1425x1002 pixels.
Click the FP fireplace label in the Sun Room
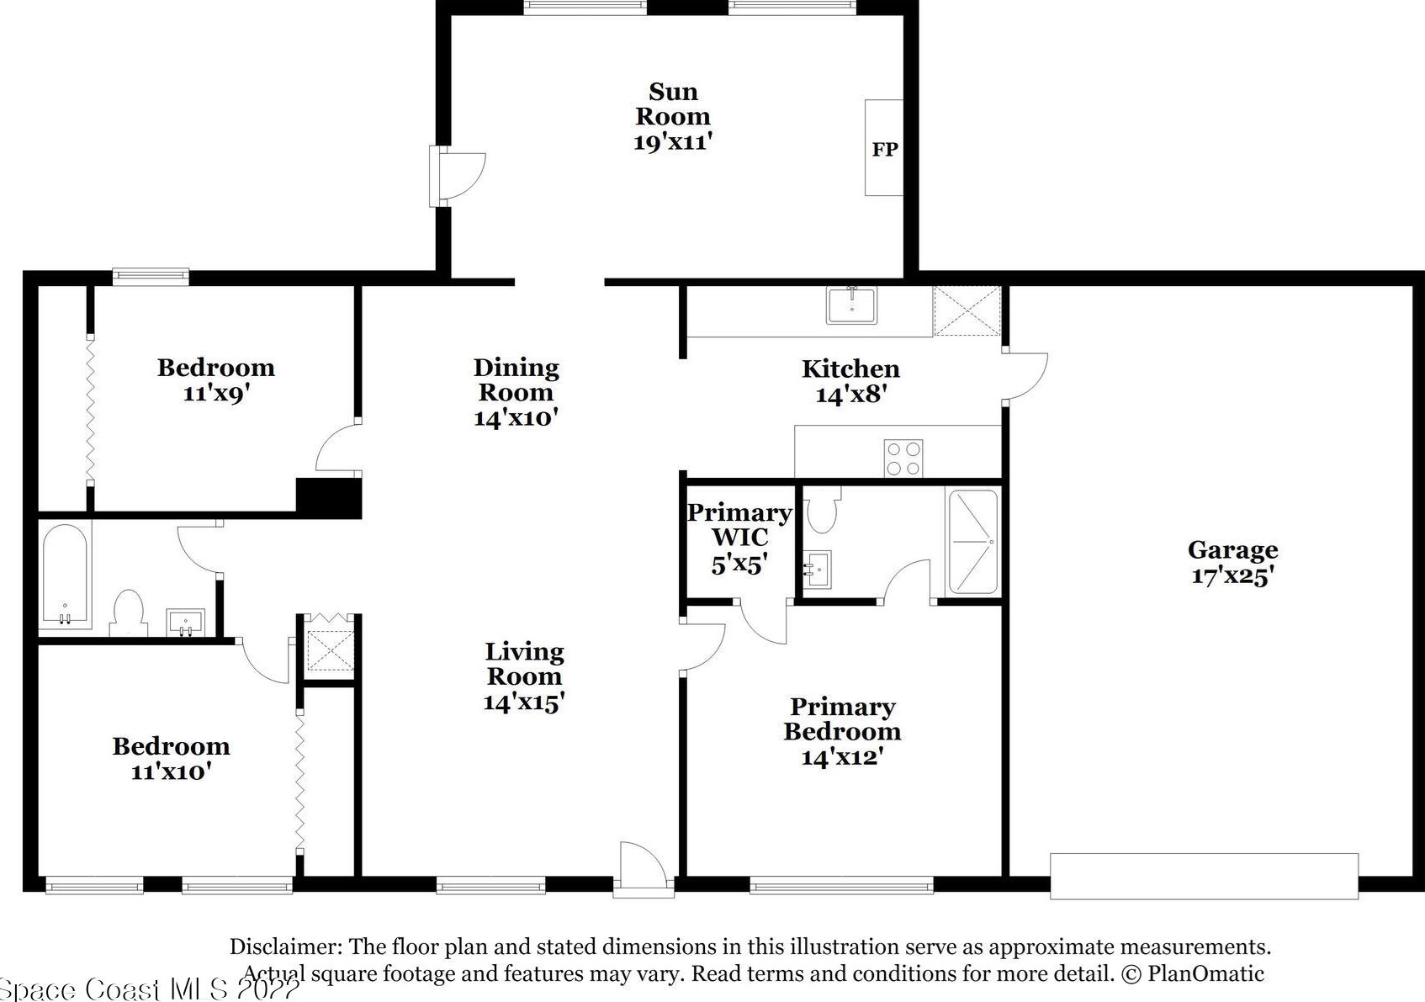885,149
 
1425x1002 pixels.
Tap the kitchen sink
851,305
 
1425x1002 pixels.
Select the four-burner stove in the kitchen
903,458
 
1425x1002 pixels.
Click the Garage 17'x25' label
1233,562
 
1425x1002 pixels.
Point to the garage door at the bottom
1205,876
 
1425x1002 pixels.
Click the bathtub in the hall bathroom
65,575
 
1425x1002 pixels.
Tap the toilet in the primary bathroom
823,509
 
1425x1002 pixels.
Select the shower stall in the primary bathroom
972,542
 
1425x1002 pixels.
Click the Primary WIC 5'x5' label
740,538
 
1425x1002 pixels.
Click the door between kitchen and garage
1025,376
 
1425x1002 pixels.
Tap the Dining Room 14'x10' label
516,392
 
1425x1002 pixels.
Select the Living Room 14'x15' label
524,676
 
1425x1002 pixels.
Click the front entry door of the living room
644,869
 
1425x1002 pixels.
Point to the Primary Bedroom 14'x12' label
842,732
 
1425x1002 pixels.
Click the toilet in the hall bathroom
130,612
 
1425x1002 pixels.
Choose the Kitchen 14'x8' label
850,381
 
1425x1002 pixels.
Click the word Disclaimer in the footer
286,946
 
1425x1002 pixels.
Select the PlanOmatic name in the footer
1206,974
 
